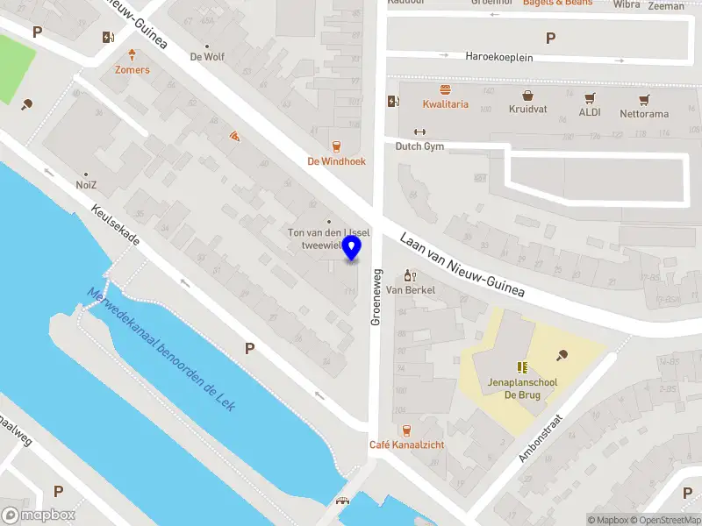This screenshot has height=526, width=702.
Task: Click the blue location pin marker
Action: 352,247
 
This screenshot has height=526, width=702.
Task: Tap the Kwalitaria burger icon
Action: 445,89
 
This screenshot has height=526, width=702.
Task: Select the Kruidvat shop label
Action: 527,110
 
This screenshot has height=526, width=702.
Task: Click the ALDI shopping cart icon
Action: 590,97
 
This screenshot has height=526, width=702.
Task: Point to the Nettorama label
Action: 644,114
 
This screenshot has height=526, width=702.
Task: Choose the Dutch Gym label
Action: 419,146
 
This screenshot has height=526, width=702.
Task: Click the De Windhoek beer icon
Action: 336,146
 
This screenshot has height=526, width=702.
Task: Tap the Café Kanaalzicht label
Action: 406,444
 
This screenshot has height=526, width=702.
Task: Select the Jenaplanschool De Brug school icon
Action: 521,367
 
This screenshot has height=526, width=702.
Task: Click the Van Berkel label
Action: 411,290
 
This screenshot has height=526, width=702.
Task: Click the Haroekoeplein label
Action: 499,57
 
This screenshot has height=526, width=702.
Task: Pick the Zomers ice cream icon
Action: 132,54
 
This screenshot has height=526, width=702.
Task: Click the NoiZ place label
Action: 86,186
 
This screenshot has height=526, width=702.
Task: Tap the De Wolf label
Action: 207,57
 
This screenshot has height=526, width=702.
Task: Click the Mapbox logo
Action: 38,515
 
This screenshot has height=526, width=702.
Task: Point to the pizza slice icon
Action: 234,137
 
